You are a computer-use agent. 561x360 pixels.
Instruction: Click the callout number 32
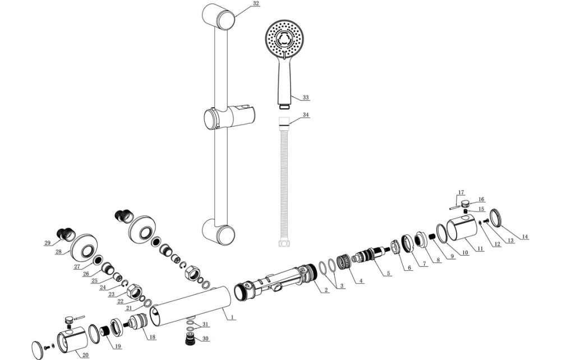point(241,3)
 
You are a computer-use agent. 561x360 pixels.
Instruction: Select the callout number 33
point(306,98)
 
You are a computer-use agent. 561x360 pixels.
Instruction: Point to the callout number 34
point(306,115)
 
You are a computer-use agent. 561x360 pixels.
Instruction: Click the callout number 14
point(525,237)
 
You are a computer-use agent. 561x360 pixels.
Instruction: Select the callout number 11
point(480,248)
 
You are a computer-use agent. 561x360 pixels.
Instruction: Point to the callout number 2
point(326,290)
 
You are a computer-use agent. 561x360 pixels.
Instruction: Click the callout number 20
point(85,355)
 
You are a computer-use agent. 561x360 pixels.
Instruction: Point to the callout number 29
point(48,242)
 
